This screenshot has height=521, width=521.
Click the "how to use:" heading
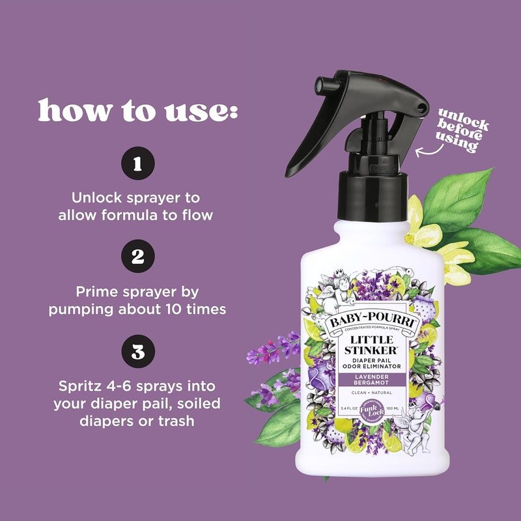[x=137, y=111]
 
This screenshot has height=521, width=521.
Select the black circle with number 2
[x=137, y=257]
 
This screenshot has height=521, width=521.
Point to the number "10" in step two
[x=178, y=309]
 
